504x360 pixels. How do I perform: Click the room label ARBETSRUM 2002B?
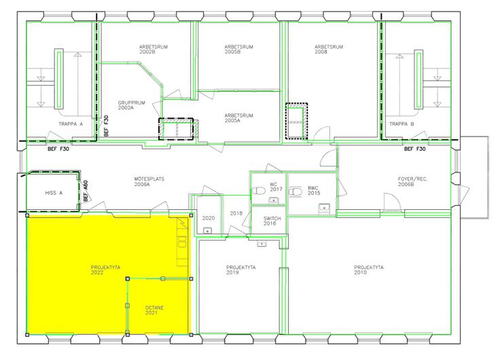click(x=154, y=49)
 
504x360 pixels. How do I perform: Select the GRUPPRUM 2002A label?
click(x=132, y=105)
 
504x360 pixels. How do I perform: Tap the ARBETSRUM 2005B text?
click(x=239, y=49)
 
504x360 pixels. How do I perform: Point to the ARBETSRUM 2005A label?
click(x=239, y=118)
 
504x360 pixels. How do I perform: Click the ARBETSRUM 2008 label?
click(x=329, y=49)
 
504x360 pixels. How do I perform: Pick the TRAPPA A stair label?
click(x=71, y=124)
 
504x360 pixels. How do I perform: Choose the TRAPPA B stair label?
click(x=402, y=124)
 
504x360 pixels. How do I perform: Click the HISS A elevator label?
click(x=54, y=193)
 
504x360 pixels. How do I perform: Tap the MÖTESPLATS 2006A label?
click(x=149, y=181)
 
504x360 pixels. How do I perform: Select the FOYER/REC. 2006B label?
click(x=413, y=181)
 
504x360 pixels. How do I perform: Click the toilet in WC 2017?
click(x=258, y=191)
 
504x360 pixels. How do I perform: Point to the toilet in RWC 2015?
click(x=295, y=192)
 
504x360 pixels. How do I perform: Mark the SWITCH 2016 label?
click(x=272, y=221)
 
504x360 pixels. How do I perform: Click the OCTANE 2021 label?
click(x=154, y=310)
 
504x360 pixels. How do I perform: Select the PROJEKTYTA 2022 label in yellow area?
click(x=105, y=270)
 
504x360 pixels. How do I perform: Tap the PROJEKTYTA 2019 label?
click(x=240, y=270)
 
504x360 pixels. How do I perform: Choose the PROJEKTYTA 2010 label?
click(x=369, y=270)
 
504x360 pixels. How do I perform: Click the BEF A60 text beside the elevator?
click(x=85, y=191)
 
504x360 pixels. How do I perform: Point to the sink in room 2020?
click(x=208, y=230)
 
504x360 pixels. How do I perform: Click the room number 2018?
click(x=236, y=213)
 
